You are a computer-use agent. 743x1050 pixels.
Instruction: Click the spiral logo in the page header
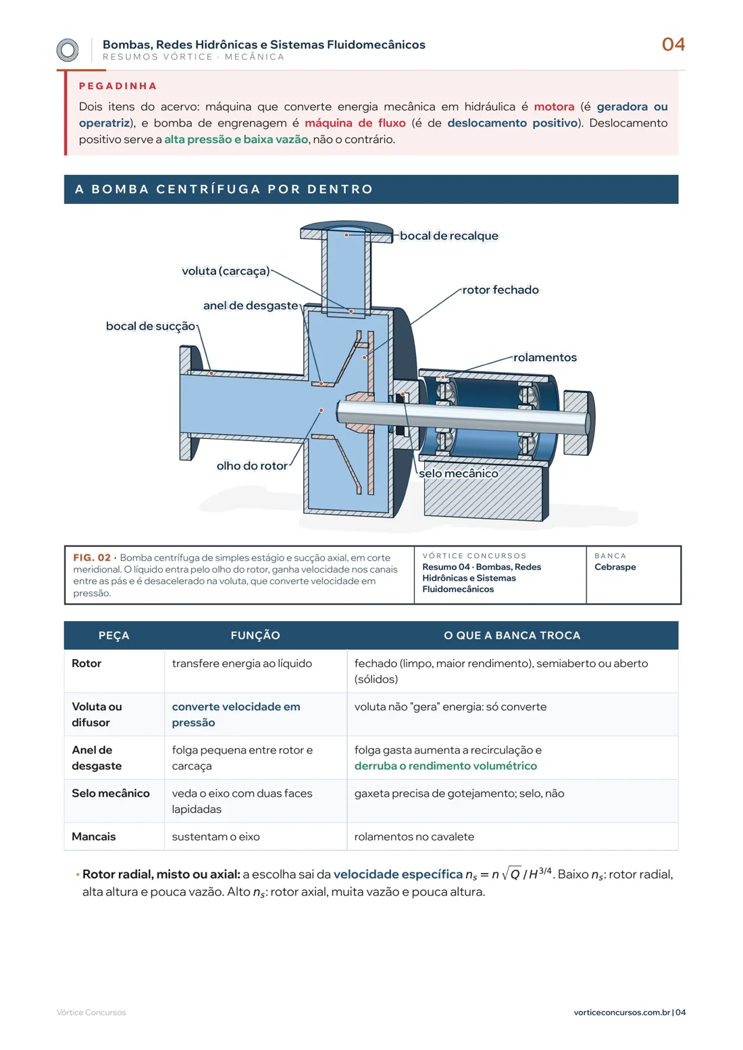pos(68,50)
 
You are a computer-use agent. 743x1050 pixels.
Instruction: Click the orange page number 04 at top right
pos(673,45)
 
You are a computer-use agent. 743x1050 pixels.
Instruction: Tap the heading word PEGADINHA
pos(118,86)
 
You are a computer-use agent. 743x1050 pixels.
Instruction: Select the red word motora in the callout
pos(554,107)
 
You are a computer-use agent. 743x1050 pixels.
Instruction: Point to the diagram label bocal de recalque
pos(449,236)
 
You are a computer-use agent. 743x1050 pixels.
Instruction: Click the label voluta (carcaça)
pos(226,271)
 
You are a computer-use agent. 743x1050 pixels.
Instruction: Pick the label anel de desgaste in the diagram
pos(251,306)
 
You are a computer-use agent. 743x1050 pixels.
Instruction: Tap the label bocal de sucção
pos(150,326)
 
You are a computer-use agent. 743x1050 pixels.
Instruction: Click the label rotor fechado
pos(501,290)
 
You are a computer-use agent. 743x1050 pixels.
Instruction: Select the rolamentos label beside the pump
pos(544,358)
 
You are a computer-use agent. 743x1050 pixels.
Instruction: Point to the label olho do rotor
pos(252,466)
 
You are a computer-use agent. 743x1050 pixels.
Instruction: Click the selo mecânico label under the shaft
pos(458,474)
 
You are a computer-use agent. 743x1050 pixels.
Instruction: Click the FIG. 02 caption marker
pos(92,558)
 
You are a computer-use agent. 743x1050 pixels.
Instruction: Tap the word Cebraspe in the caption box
pos(615,567)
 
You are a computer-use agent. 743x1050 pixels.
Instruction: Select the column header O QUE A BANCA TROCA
pos(512,635)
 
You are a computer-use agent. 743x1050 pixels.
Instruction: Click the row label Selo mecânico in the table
pos(111,793)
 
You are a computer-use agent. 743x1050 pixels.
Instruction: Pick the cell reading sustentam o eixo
pos(215,837)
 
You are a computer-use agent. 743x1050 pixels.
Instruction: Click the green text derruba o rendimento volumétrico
pos(445,766)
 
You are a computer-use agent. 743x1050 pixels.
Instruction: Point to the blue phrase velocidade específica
pos(398,874)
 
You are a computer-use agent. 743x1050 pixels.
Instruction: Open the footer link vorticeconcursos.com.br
pos(621,1012)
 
